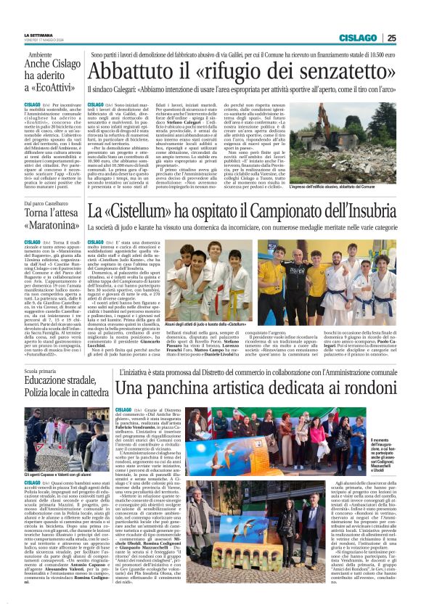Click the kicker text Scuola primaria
[x=41, y=371]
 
